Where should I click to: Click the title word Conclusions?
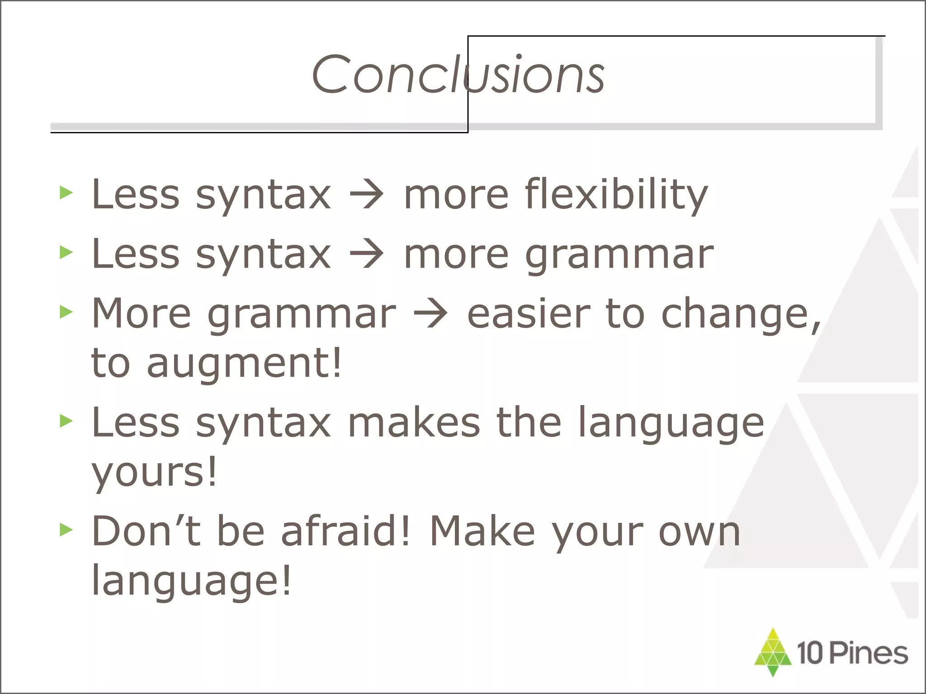(x=458, y=75)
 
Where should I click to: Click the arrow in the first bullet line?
(x=367, y=195)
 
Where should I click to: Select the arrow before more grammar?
(x=367, y=254)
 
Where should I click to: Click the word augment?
(x=244, y=363)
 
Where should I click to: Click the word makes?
(x=414, y=422)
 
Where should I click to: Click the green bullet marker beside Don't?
(x=66, y=530)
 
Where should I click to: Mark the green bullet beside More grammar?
(x=66, y=312)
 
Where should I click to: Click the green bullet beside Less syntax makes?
(x=66, y=421)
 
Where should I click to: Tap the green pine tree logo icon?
(x=773, y=651)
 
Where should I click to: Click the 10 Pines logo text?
(x=852, y=653)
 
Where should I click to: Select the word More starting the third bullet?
(x=142, y=313)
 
